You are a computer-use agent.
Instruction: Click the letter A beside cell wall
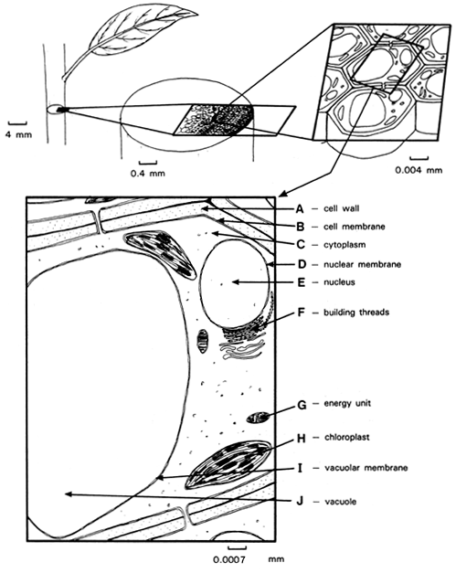pos(300,208)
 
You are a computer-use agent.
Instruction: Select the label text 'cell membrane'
pos(354,227)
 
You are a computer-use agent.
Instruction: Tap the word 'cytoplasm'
pos(345,245)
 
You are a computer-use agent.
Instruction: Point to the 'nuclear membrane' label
pos(362,264)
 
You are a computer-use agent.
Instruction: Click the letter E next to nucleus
pos(301,282)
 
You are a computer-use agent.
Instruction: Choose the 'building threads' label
pos(356,313)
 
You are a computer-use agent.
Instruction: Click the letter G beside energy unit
pos(302,405)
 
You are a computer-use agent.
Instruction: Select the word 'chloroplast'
pos(346,437)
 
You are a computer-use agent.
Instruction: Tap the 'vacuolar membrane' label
pos(366,468)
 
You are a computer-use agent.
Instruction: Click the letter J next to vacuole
pos(300,501)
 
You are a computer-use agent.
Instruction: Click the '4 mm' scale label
pos(18,134)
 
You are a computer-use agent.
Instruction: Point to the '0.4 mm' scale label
pos(148,173)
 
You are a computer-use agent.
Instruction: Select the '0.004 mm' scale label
pos(419,170)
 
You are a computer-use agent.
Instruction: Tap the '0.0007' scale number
pos(229,559)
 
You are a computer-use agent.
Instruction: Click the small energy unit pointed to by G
pos(259,418)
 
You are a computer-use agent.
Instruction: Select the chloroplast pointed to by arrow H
pos(228,464)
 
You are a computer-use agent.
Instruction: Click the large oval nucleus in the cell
pos(235,283)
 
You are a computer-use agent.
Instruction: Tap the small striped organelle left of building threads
pos(203,341)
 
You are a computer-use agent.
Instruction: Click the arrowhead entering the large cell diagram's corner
pos(282,194)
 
